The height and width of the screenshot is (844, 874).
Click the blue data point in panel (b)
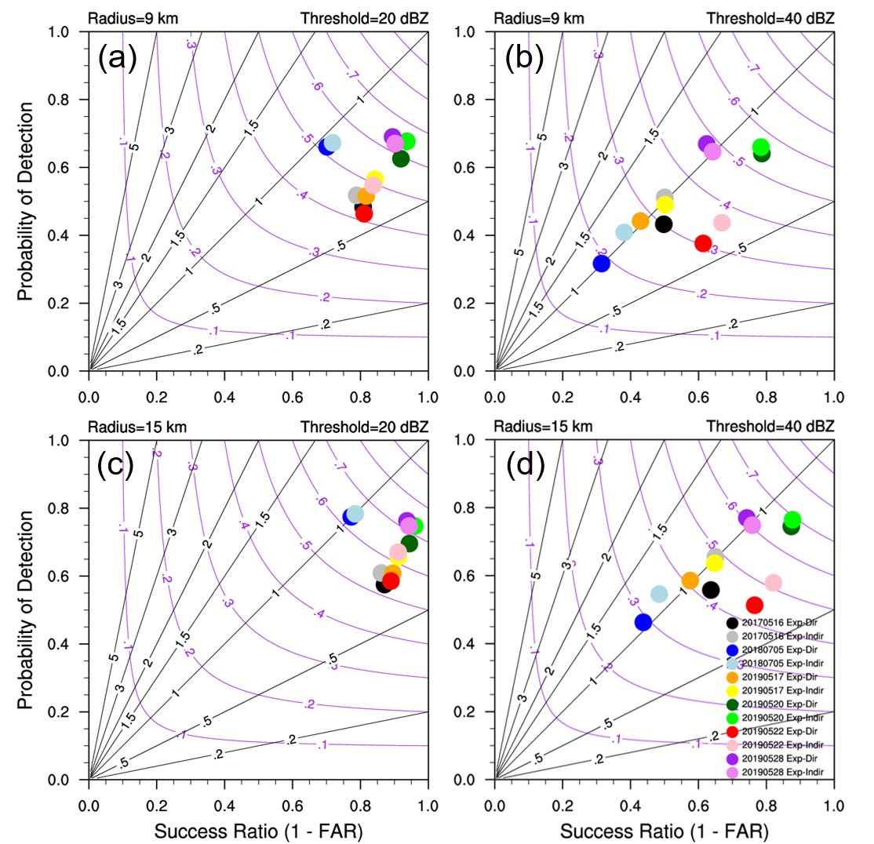coord(601,264)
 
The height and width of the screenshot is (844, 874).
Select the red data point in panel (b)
coord(703,243)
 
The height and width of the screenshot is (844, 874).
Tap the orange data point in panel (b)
coord(640,221)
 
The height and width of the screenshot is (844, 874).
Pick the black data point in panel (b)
coord(664,224)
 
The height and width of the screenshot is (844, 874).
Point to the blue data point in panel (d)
coord(643,622)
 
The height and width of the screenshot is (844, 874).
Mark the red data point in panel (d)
coord(755,605)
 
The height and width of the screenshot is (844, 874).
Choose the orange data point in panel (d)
coord(690,580)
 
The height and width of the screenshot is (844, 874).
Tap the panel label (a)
coord(118,59)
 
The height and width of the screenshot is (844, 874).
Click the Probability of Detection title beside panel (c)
coord(27,610)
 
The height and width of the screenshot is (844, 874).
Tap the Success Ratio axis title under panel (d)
coord(664,830)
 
